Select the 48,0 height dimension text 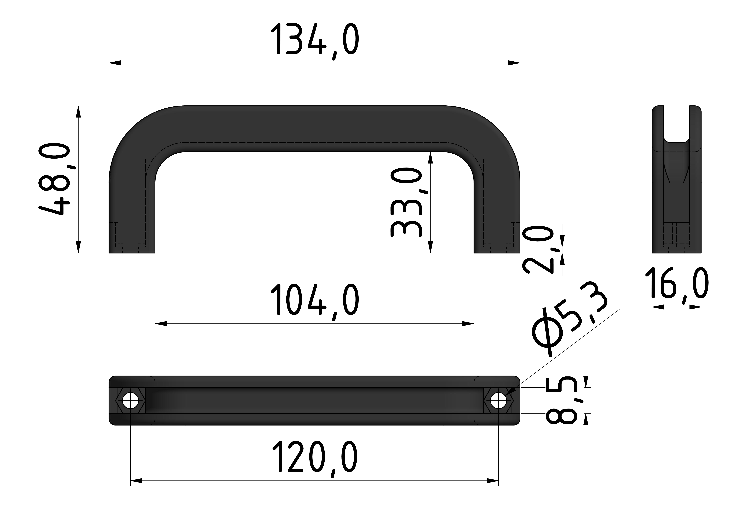click(54, 179)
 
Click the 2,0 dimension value click(538, 249)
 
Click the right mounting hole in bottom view click(498, 401)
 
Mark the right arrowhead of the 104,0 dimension click(468, 324)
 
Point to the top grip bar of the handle click(314, 129)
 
